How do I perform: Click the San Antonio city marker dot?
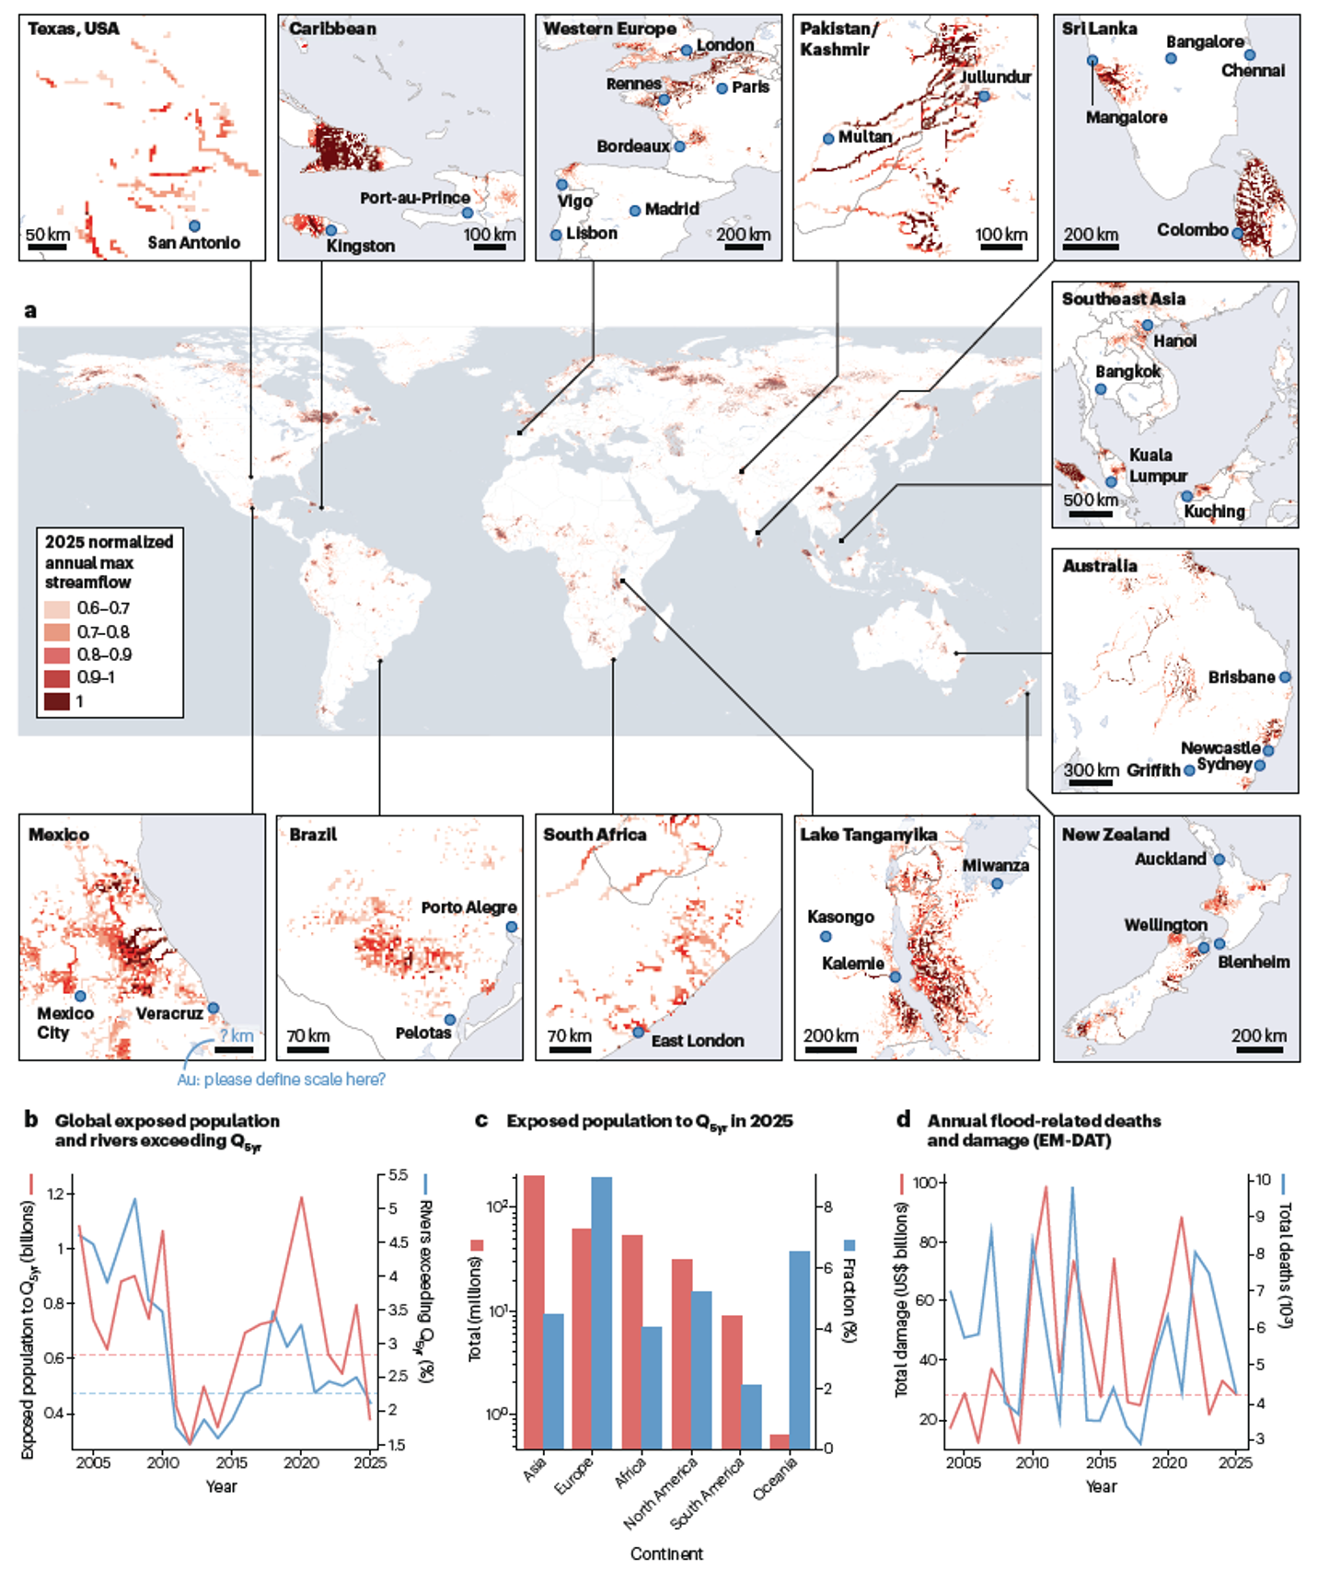(x=194, y=225)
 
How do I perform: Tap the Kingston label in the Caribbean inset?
(x=360, y=246)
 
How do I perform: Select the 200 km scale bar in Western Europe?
(x=743, y=247)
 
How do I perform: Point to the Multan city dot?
(x=828, y=139)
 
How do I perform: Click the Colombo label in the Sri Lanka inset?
(x=1192, y=229)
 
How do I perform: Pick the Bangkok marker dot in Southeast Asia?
(x=1101, y=389)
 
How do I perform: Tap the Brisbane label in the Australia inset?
(x=1241, y=676)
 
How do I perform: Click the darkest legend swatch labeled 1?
(x=56, y=701)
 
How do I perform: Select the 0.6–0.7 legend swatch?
(x=56, y=608)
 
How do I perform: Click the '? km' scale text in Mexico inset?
(x=236, y=1035)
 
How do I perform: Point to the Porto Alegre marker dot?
(x=512, y=927)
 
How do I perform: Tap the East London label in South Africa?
(x=697, y=1041)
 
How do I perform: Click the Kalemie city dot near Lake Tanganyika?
(x=895, y=976)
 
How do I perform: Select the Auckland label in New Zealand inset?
(x=1170, y=859)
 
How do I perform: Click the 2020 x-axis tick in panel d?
(x=1169, y=1461)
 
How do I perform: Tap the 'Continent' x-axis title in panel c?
(x=666, y=1553)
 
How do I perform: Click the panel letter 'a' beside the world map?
(x=30, y=311)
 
